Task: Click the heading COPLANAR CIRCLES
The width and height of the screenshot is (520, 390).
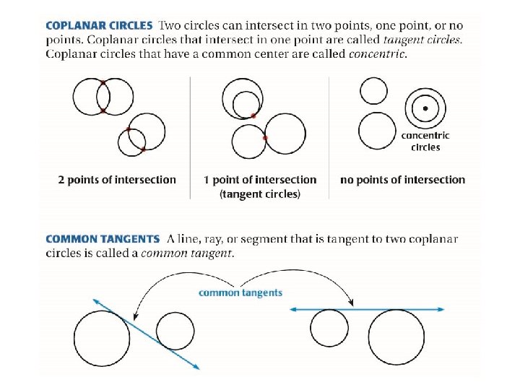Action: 99,25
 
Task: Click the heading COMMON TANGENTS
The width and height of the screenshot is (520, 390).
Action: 102,239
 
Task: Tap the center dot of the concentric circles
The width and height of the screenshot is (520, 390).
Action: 425,108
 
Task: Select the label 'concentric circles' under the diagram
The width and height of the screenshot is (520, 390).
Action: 425,141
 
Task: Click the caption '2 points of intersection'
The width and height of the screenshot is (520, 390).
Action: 117,180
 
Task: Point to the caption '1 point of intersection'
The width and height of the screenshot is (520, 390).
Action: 260,180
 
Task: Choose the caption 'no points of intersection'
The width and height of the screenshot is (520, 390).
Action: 402,180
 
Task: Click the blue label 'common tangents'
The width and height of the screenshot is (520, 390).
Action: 240,292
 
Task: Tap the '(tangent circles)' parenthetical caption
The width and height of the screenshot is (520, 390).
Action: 260,194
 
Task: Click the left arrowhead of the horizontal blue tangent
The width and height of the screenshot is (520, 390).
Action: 292,309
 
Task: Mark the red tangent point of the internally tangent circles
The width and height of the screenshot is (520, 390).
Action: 253,116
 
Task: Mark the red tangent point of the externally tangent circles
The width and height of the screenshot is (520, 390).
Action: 266,137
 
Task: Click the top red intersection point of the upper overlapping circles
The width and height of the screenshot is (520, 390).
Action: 103,83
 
